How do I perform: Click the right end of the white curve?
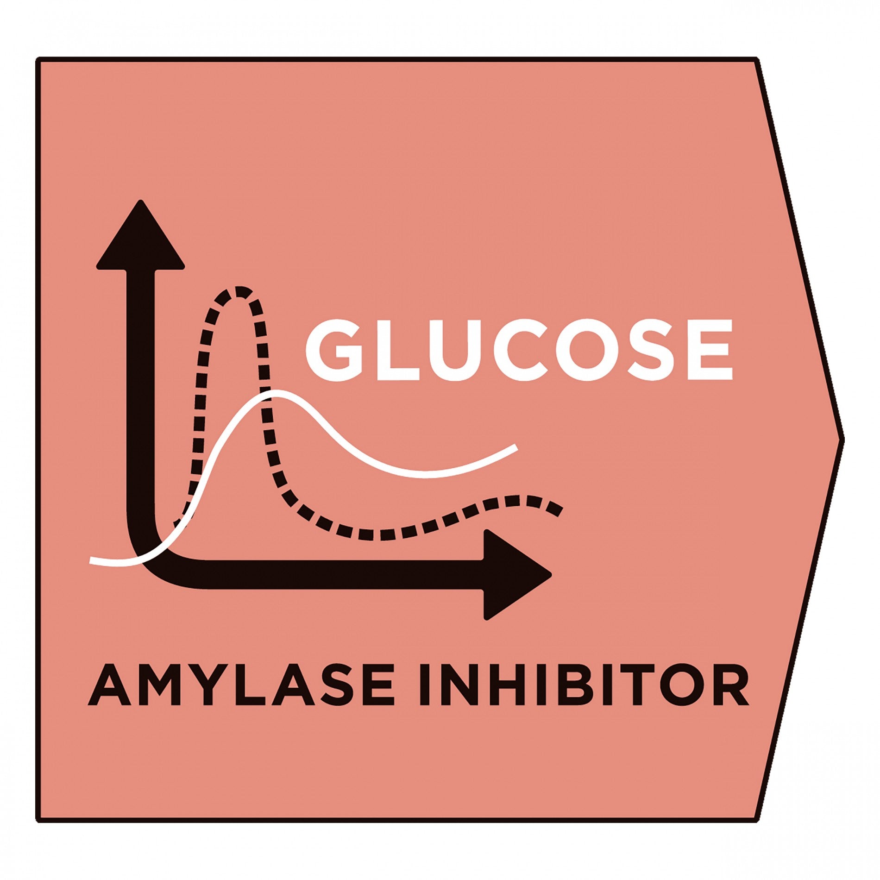click(x=516, y=447)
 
